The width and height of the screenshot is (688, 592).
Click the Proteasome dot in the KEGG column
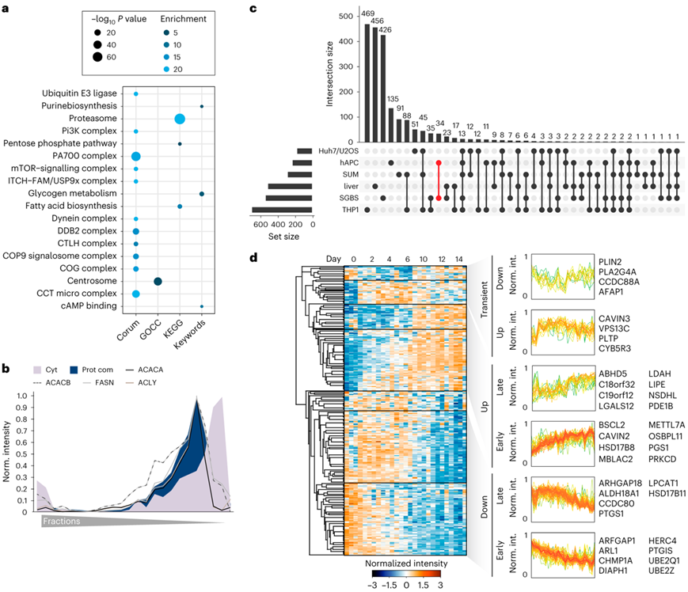pyautogui.click(x=180, y=119)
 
